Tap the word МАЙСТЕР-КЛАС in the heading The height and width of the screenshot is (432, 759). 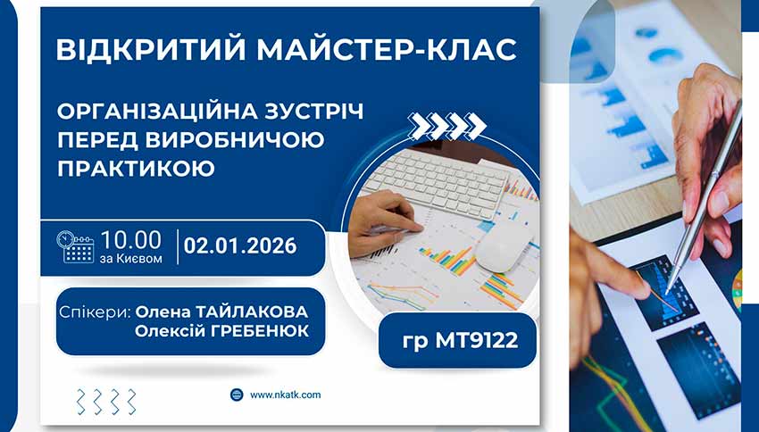pos(394,50)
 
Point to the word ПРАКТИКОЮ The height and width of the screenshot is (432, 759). pos(136,167)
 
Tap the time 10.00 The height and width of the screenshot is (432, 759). pos(131,239)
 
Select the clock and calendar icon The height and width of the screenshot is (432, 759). pos(76,247)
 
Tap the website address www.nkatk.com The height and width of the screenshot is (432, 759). pos(285,395)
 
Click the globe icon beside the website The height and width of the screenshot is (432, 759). pos(237,395)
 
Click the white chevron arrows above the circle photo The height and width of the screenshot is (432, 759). pos(447,127)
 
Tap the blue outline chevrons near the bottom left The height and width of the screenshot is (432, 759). pos(106,402)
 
